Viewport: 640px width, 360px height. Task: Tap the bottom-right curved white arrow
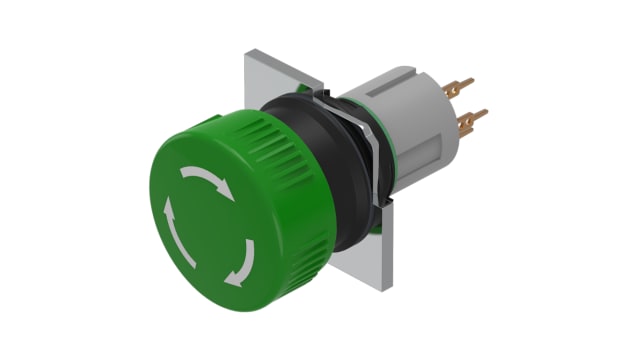click(243, 263)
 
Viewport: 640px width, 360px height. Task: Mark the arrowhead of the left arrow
click(168, 206)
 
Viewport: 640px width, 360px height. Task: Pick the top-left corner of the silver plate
click(246, 55)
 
